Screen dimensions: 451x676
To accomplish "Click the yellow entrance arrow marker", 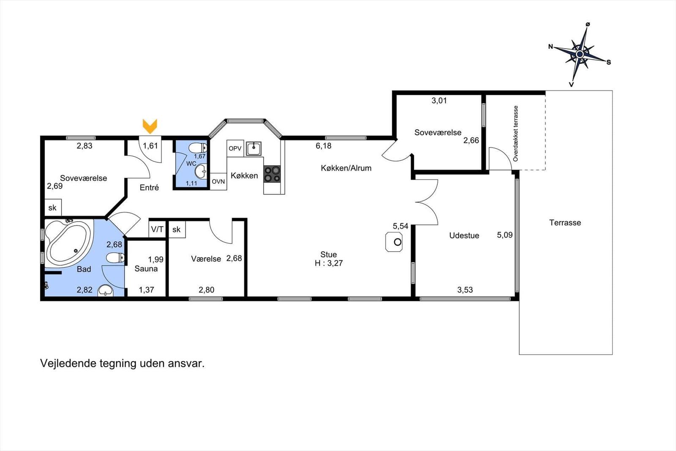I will tap(150, 126).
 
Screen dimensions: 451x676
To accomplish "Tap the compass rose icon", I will tap(580, 55).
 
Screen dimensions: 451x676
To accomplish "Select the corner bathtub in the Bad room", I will tap(68, 243).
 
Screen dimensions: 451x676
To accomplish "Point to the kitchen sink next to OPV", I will tap(253, 148).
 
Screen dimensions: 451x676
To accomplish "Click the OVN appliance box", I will tap(218, 181).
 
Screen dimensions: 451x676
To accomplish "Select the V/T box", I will tap(157, 230).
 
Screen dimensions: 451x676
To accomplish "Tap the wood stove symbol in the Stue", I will tap(394, 242).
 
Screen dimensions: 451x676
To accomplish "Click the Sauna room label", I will tap(146, 268).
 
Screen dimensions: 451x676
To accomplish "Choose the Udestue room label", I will tap(464, 235).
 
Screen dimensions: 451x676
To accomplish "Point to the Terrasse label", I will tap(565, 223).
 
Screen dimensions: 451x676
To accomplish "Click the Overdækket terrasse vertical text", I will tap(515, 133).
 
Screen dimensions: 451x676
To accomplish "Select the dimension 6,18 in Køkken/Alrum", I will tap(324, 146).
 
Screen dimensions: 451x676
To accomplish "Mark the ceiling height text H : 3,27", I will tap(329, 263).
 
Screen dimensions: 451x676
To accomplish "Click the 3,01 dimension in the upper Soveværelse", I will tap(439, 101).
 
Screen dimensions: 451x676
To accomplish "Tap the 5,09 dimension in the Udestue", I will tap(504, 235).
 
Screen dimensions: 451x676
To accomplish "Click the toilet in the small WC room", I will tap(197, 148).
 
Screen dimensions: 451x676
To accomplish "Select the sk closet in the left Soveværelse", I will tap(53, 208).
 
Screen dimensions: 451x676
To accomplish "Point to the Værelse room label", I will tap(206, 259).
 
